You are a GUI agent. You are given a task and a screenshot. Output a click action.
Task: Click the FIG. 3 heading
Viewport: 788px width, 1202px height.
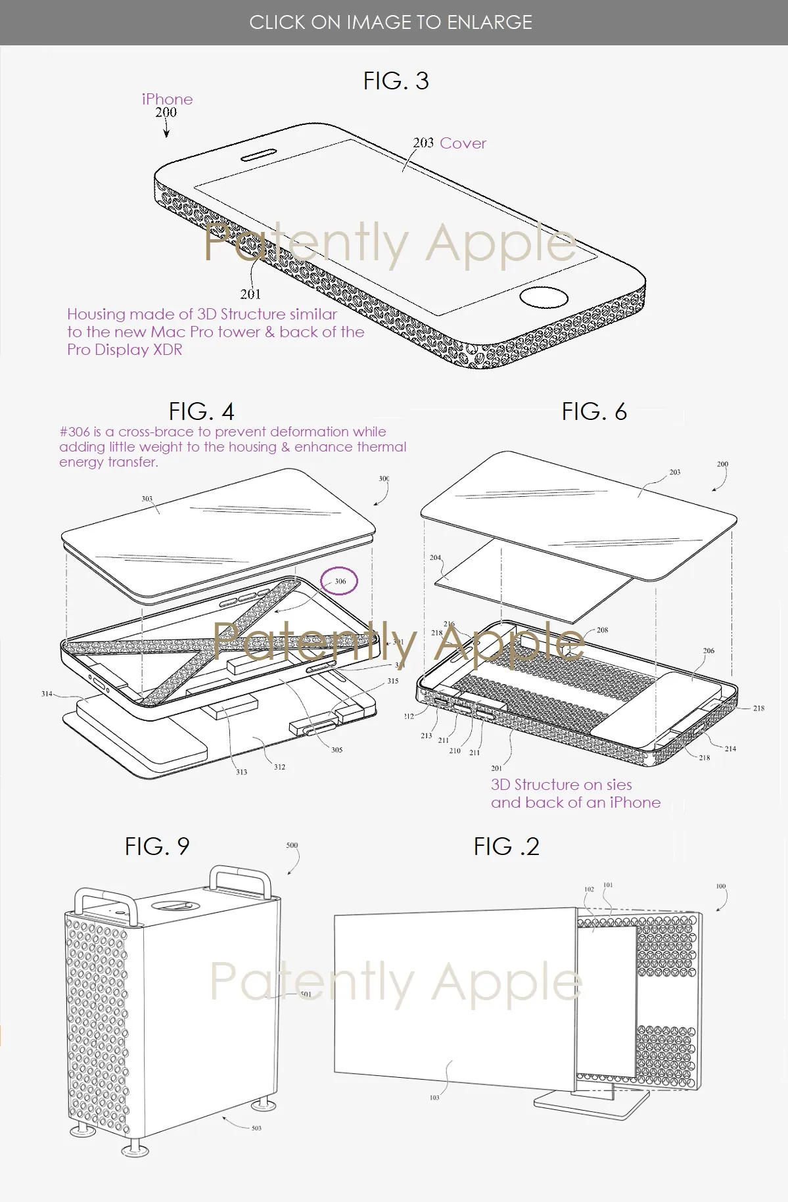click(396, 81)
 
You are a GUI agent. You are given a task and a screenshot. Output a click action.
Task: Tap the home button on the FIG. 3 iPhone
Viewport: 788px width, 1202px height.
click(544, 297)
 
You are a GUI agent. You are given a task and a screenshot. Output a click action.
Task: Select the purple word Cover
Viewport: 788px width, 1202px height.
click(463, 143)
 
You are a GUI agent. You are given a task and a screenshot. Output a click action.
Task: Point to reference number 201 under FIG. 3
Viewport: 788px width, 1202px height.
click(250, 294)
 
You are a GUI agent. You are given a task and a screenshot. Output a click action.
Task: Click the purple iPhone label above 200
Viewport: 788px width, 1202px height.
click(167, 99)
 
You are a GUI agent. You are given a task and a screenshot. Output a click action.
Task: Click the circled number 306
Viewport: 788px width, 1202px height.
click(339, 582)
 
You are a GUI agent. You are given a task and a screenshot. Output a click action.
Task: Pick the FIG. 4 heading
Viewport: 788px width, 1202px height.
click(201, 411)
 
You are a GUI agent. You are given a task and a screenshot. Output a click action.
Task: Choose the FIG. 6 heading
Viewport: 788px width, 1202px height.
click(594, 411)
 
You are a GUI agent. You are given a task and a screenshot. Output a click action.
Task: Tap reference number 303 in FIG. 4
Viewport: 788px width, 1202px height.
click(147, 499)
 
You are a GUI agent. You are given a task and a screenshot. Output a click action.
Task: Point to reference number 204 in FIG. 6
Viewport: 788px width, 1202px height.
click(435, 557)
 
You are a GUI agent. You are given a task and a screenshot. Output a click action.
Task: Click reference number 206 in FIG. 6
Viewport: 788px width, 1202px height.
click(708, 651)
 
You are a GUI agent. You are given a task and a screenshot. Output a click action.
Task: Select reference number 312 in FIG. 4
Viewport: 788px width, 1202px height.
click(279, 767)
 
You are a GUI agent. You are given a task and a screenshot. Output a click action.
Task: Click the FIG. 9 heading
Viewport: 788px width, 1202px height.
click(157, 846)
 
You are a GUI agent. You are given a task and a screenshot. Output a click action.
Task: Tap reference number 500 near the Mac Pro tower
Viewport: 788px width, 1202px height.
click(292, 845)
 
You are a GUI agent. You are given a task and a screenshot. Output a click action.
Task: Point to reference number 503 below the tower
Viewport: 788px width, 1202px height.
click(256, 1128)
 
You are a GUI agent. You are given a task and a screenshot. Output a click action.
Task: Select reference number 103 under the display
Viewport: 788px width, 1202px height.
click(434, 1098)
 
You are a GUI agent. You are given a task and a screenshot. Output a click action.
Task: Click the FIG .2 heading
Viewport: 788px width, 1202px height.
click(506, 846)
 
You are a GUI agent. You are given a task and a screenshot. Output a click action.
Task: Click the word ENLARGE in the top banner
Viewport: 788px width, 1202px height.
click(490, 22)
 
